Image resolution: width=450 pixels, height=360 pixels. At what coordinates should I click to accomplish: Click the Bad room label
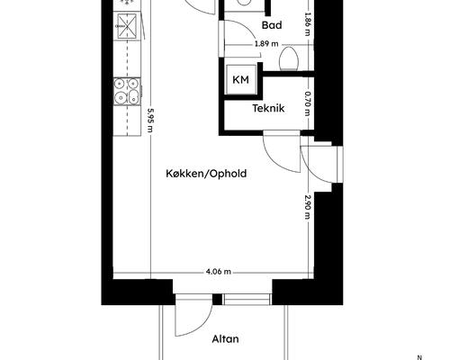pos(272,25)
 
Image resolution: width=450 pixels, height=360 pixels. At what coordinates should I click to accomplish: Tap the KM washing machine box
pos(240,79)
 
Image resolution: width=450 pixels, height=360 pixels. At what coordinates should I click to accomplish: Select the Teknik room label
pos(268,108)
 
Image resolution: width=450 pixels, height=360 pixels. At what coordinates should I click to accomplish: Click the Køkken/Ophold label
pos(206,174)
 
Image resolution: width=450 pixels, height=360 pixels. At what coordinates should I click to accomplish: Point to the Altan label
pos(226,339)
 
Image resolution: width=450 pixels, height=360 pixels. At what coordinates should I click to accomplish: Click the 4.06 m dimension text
pos(218,272)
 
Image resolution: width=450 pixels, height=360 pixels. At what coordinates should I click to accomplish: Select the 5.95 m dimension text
pos(149,121)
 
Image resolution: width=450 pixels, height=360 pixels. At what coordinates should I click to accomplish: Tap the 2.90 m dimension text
pos(307,207)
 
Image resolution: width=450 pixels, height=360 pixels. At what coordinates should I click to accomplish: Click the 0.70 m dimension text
pos(307,103)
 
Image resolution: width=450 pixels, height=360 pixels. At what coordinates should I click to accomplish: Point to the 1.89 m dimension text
pos(266,44)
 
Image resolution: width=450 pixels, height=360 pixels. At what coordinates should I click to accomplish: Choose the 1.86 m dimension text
pos(307,23)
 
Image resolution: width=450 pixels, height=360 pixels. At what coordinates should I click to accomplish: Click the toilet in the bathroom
pos(289,58)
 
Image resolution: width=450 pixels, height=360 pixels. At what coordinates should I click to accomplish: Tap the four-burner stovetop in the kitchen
pos(127,92)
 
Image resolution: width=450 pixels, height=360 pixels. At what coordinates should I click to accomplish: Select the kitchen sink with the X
pos(127,26)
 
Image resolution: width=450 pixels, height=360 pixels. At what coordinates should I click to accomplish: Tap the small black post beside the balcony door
pos(217,300)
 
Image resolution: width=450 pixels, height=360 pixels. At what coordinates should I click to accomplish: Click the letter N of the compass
pos(419,357)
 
